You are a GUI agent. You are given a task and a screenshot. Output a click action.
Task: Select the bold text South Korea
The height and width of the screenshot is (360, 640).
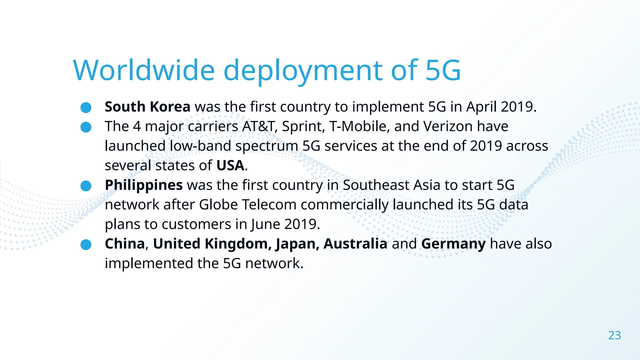[x=147, y=107]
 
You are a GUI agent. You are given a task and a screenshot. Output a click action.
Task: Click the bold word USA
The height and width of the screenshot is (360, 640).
[x=230, y=166]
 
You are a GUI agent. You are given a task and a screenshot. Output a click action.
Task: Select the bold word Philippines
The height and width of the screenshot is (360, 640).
[x=144, y=185]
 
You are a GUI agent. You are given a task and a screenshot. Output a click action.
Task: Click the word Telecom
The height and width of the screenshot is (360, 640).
[x=269, y=205]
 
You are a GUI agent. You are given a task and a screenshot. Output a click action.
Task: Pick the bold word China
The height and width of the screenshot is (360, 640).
[x=125, y=244]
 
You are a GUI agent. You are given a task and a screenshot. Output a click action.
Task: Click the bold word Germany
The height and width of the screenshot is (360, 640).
[x=453, y=244]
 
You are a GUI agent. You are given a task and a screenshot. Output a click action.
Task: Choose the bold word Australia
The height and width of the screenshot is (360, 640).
[x=355, y=244]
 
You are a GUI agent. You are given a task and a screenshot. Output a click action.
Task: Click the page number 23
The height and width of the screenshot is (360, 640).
[x=614, y=335]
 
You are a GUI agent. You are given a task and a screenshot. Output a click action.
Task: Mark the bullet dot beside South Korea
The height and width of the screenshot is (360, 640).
[x=86, y=107]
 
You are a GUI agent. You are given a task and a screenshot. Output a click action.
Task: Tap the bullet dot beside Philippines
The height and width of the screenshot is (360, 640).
[x=86, y=186]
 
